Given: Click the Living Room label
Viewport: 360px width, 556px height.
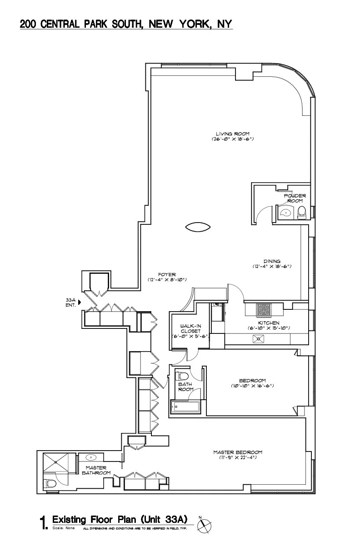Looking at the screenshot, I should coord(232,134).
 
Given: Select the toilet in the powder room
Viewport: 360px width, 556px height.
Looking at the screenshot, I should coord(302,212).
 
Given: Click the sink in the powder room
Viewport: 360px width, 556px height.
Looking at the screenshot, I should coord(285,212).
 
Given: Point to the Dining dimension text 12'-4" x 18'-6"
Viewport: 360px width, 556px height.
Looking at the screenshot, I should coord(271,266).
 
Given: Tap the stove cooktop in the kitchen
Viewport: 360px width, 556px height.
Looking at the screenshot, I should coord(264,309).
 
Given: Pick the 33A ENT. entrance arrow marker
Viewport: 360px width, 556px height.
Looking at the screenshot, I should coord(80,301).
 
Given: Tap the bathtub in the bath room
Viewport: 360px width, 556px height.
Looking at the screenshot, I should coord(186,407).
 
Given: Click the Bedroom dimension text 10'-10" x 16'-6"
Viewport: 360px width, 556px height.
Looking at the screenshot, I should coord(252,386).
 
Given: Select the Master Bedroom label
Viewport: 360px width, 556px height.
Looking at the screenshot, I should coord(238,452).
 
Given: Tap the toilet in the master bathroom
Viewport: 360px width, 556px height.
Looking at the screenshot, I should coord(50,483).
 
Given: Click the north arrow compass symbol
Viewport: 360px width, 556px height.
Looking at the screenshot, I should coord(205,525).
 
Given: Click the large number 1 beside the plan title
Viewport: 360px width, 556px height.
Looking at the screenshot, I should coord(44,522).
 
